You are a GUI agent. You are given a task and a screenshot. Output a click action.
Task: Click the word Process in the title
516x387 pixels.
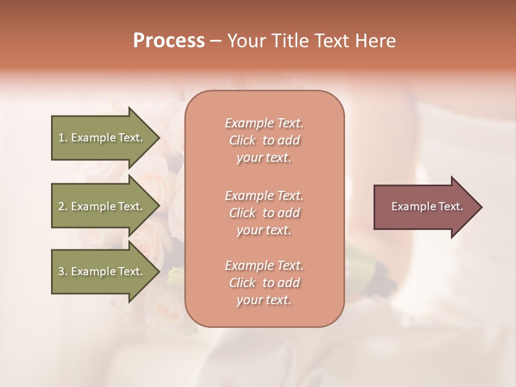pyautogui.click(x=169, y=41)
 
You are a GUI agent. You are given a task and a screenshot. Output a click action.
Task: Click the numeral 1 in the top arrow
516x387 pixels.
pyautogui.click(x=61, y=138)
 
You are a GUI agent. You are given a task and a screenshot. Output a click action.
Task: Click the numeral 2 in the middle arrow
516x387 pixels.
pyautogui.click(x=61, y=206)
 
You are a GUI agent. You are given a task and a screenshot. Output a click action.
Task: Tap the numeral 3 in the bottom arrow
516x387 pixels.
pyautogui.click(x=61, y=271)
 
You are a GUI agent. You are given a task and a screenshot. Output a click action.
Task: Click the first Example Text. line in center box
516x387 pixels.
pyautogui.click(x=264, y=123)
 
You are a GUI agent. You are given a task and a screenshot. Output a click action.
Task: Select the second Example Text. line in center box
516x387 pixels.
pyautogui.click(x=264, y=195)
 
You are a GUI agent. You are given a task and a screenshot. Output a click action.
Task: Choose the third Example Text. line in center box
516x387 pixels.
pyautogui.click(x=264, y=266)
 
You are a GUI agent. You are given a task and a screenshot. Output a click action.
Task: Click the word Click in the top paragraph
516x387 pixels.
pyautogui.click(x=242, y=141)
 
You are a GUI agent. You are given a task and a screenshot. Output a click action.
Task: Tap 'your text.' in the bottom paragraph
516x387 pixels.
pyautogui.click(x=264, y=300)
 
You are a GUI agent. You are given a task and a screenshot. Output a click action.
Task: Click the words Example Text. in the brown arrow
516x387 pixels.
pyautogui.click(x=427, y=206)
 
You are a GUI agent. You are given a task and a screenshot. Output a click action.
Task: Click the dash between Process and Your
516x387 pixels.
pyautogui.click(x=216, y=41)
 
